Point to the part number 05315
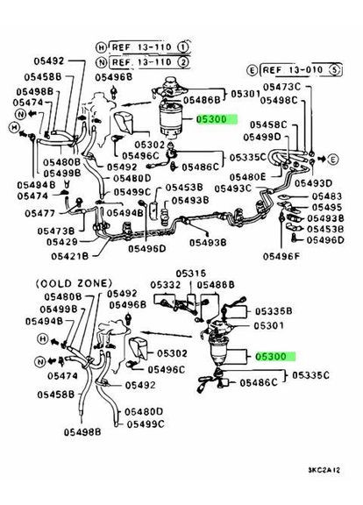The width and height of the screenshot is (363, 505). [x=191, y=273]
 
